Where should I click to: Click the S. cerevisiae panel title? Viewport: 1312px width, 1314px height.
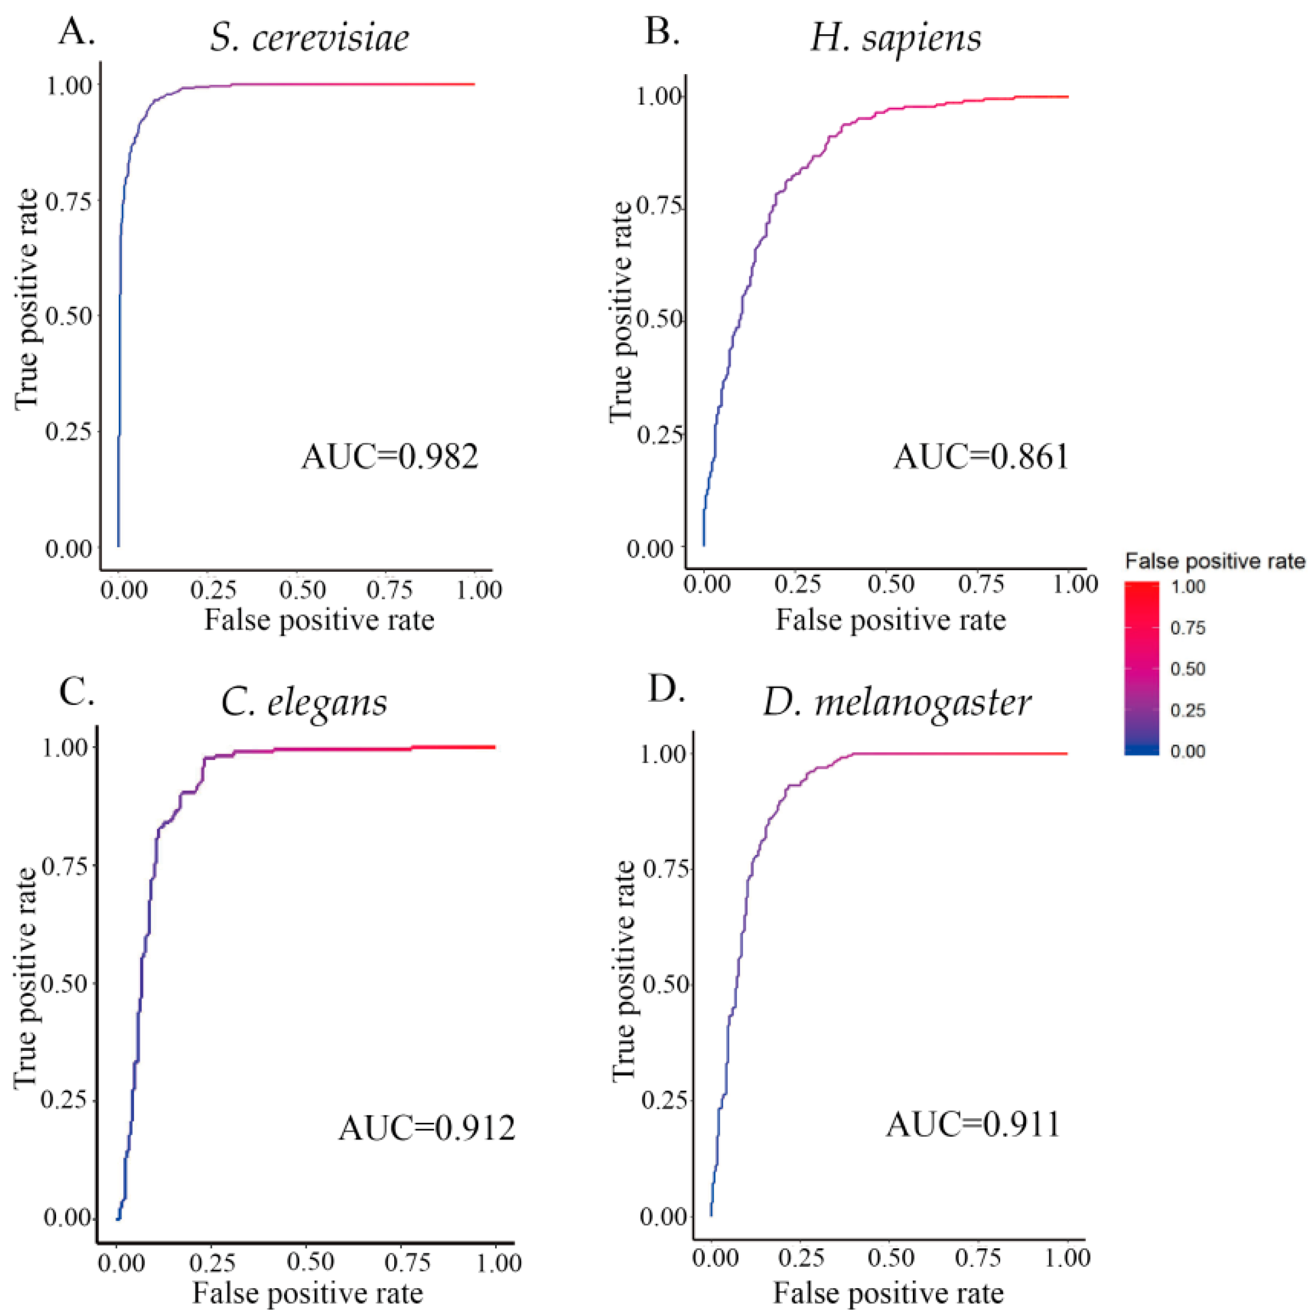point(309,38)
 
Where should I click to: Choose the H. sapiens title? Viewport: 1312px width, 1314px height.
point(896,38)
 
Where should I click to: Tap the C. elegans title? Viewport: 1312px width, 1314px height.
point(304,702)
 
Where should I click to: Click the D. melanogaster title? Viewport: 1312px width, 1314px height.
point(897,702)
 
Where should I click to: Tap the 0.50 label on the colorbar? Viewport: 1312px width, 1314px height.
point(1188,669)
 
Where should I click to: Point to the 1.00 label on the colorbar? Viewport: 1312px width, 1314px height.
point(1188,587)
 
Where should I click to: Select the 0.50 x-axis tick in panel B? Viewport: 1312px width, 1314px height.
point(891,584)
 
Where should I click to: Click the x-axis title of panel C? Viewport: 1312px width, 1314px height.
point(307,1292)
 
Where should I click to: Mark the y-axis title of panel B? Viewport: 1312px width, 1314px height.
point(621,313)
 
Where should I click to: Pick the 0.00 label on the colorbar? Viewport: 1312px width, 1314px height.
point(1188,751)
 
